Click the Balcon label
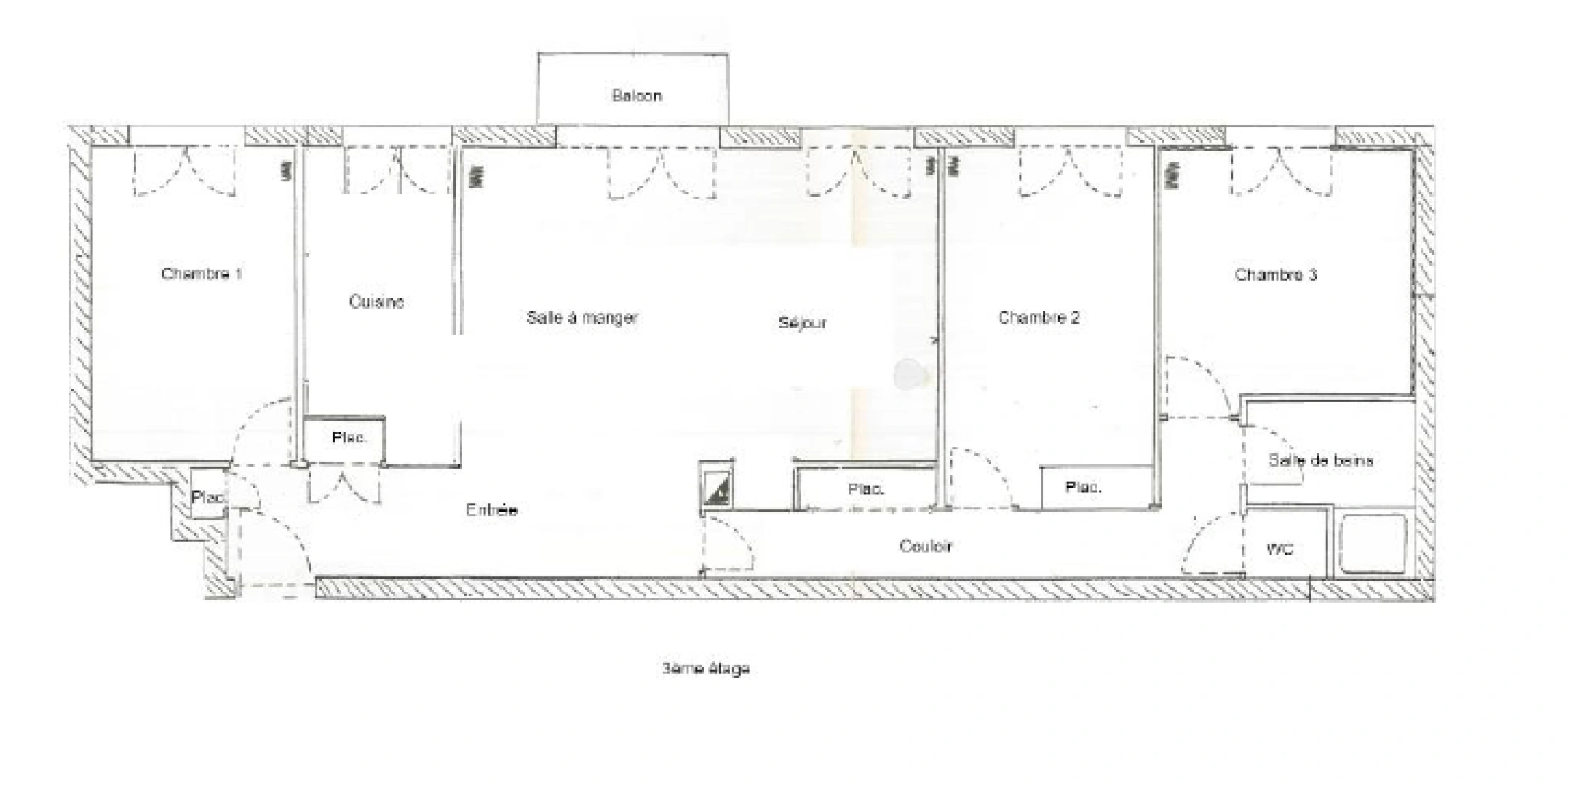click(637, 96)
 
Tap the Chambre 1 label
click(202, 274)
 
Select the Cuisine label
click(376, 301)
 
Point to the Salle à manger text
click(582, 317)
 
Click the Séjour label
click(803, 322)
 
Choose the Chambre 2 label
click(1039, 317)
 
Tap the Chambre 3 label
click(1276, 274)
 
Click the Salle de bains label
click(1321, 460)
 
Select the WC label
click(1279, 549)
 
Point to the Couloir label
click(926, 546)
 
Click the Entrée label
click(491, 510)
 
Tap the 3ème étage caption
click(705, 668)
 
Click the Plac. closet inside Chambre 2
click(1083, 487)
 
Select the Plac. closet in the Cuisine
click(349, 438)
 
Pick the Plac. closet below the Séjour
click(866, 489)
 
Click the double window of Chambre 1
click(185, 171)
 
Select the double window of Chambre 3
click(1281, 172)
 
